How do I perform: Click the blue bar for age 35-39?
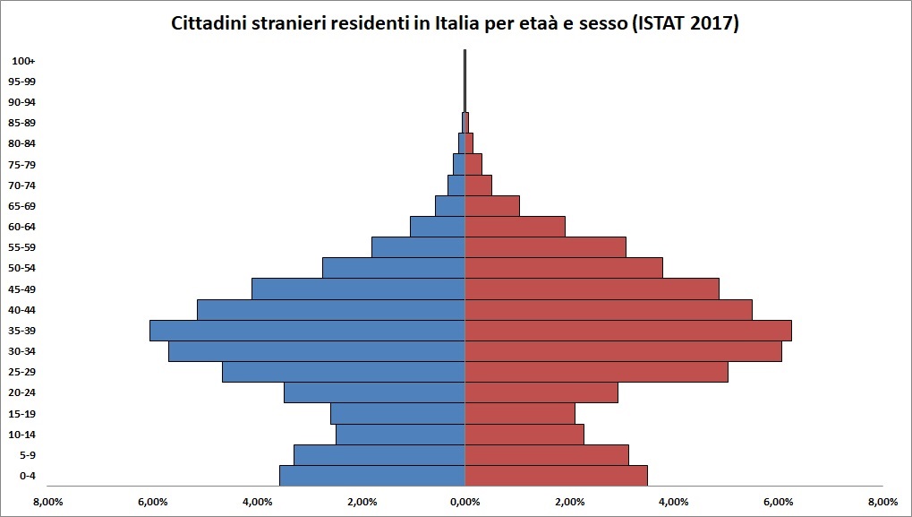point(307,331)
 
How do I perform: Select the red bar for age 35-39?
point(627,331)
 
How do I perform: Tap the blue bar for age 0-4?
point(371,476)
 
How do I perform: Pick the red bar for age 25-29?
point(596,372)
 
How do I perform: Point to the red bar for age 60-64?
point(515,227)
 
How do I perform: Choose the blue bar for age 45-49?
point(358,289)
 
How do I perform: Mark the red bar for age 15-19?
point(519,413)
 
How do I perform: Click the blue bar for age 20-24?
point(374,392)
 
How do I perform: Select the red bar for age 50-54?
point(563,268)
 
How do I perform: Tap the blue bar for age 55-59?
point(418,247)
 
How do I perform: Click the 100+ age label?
point(24,61)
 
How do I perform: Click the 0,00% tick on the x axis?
point(465,501)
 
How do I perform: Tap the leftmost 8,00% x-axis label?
point(47,501)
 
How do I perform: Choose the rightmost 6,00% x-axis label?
point(778,501)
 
